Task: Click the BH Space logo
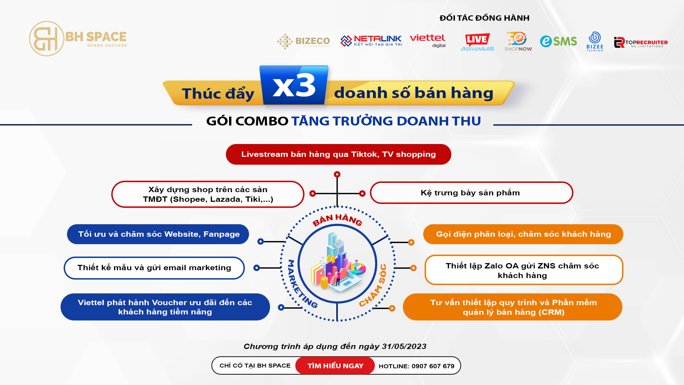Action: click(x=78, y=38)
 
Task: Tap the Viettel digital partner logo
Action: click(x=427, y=41)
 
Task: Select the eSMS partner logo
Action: click(x=558, y=41)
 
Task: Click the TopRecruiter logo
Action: click(x=641, y=42)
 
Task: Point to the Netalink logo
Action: click(x=371, y=41)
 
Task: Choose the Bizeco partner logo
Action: click(x=304, y=41)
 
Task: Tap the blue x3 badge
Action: click(x=294, y=85)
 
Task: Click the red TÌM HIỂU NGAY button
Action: click(x=335, y=366)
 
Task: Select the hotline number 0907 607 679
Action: click(x=433, y=366)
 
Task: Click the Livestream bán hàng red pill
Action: click(x=338, y=154)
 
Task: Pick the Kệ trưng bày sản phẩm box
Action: click(x=472, y=193)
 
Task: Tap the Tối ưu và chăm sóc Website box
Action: click(x=158, y=234)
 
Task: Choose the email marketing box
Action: click(x=154, y=268)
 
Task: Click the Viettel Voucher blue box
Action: click(x=165, y=307)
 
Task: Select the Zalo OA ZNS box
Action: click(x=524, y=270)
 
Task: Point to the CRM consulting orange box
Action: click(x=513, y=307)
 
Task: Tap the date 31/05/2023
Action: click(x=404, y=346)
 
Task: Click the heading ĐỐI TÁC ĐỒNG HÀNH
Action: click(x=484, y=18)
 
